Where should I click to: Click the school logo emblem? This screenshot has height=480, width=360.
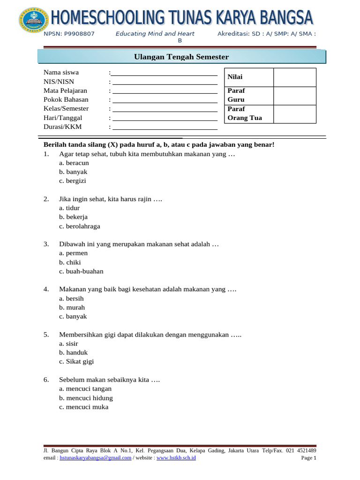tap(33, 21)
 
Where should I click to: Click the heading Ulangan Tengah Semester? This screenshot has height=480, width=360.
tap(181, 57)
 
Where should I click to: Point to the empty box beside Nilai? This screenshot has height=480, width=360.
tap(295, 77)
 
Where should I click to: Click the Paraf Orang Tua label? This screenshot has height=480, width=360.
tap(244, 113)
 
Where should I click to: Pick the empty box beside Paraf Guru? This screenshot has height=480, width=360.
tap(295, 95)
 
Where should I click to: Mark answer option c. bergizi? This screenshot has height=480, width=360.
tap(73, 181)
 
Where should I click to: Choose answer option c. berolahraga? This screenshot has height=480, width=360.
tap(80, 226)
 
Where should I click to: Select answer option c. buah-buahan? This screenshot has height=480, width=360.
tap(81, 271)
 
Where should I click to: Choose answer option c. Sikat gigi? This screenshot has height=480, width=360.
tap(76, 361)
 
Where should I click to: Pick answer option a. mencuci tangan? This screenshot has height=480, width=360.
tap(85, 389)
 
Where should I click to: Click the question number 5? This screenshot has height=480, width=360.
tap(46, 335)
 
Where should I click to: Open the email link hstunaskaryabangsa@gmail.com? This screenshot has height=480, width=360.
tap(95, 458)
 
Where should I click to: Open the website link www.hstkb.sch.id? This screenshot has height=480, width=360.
tap(176, 458)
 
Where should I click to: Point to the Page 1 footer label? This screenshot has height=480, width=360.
tap(308, 458)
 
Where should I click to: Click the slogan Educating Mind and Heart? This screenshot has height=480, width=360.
tap(155, 34)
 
